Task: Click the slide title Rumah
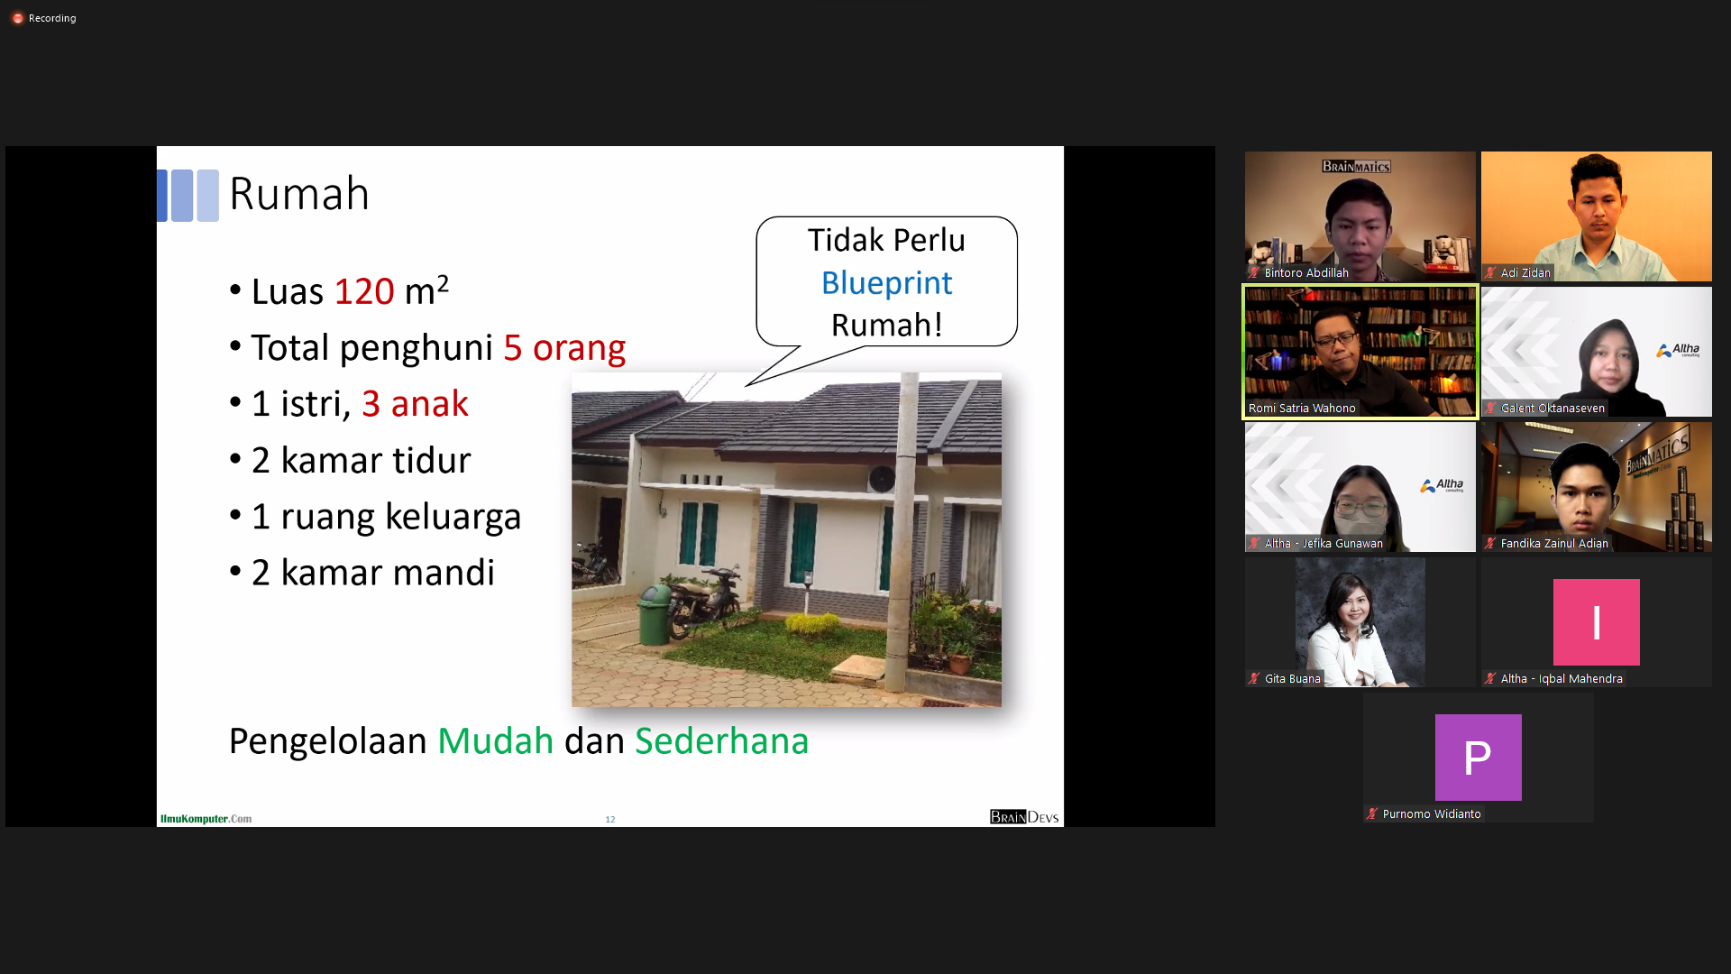(x=299, y=194)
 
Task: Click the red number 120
(x=364, y=291)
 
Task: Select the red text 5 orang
(x=564, y=347)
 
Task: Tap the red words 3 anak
(x=415, y=403)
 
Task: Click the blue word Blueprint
(x=886, y=283)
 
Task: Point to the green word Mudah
(x=495, y=740)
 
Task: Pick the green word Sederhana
(x=721, y=740)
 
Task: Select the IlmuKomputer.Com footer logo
(x=206, y=819)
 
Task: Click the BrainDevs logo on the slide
(x=1024, y=817)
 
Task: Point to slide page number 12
(x=610, y=819)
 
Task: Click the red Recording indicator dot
(x=17, y=18)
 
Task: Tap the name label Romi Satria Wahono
(x=1302, y=409)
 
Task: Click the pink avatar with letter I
(x=1596, y=622)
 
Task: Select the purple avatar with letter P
(x=1478, y=758)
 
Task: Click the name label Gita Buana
(x=1292, y=679)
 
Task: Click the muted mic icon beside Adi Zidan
(x=1490, y=272)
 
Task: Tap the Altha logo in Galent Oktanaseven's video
(x=1678, y=350)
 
